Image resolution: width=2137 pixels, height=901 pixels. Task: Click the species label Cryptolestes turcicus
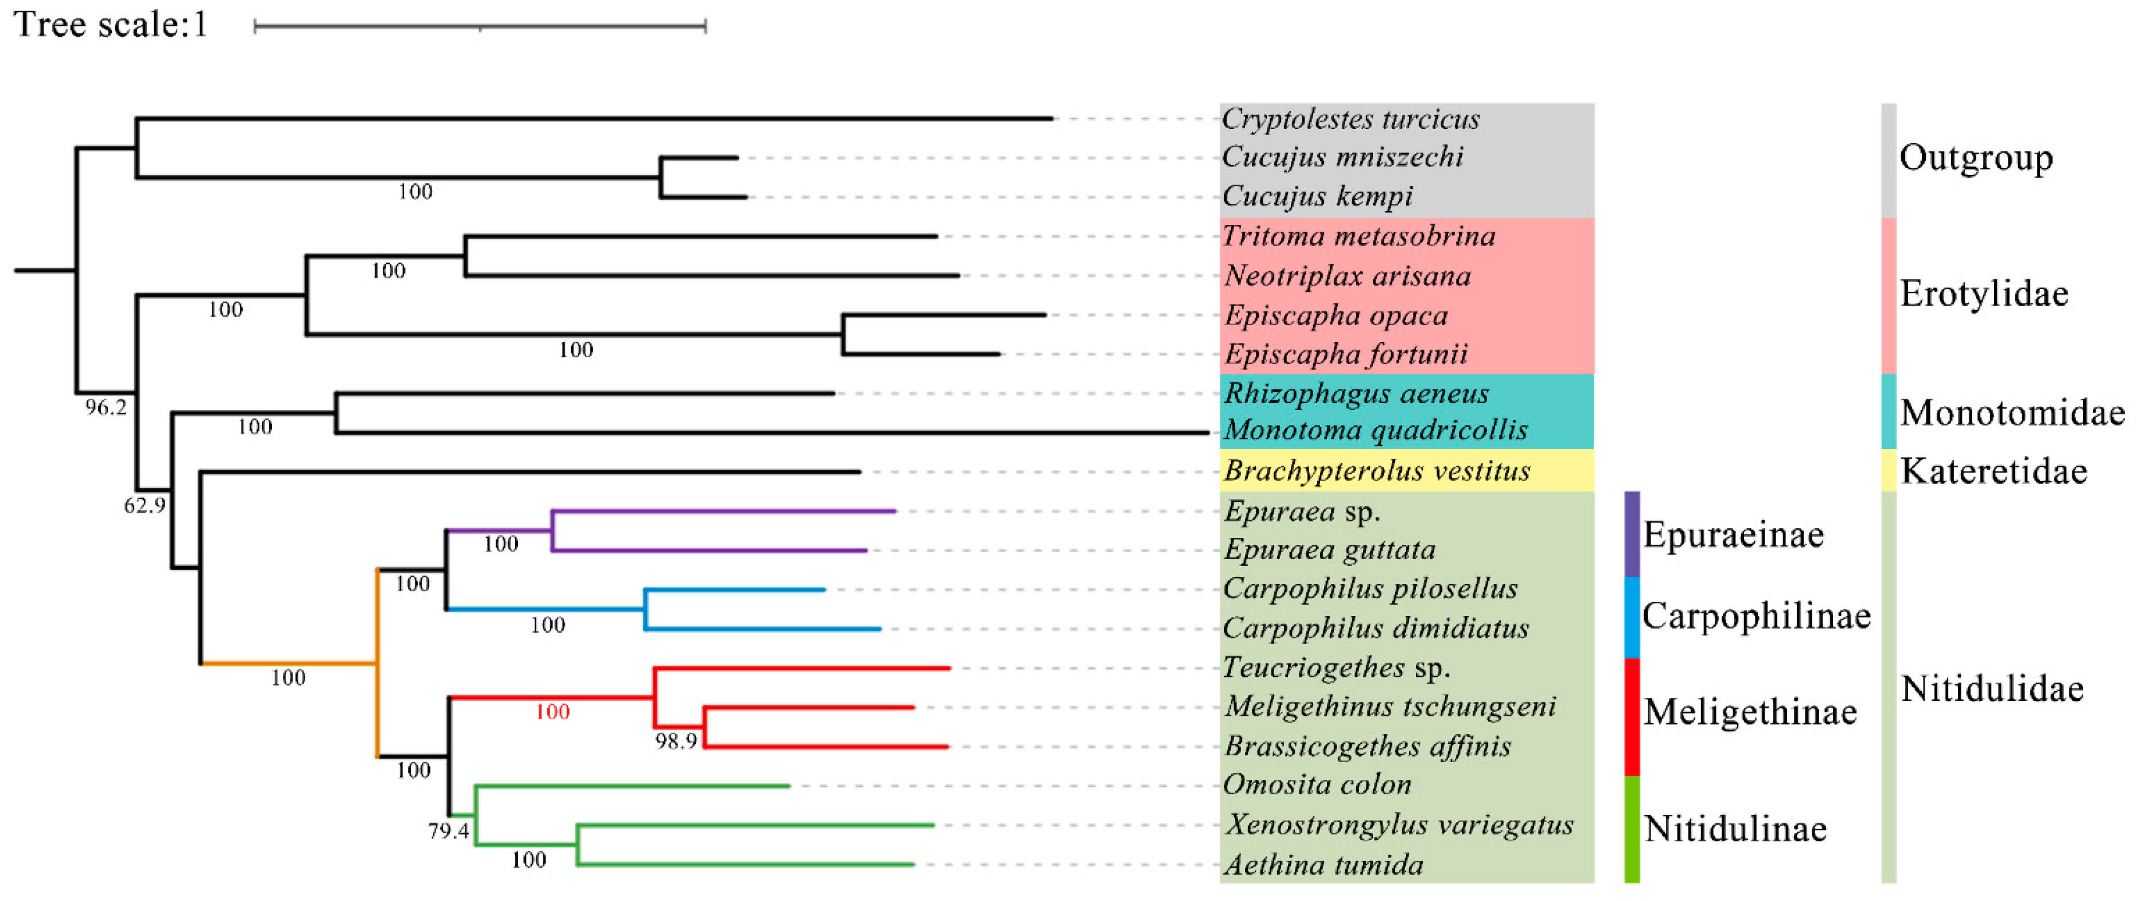[x=1350, y=119]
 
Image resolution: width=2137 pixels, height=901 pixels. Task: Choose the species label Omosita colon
[x=1317, y=784]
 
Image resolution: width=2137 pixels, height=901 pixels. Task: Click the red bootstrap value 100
[x=552, y=712]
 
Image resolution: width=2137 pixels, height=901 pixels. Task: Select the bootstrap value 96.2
[x=106, y=407]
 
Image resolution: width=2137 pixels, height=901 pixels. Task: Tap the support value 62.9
[x=145, y=505]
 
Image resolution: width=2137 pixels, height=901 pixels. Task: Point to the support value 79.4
[x=449, y=830]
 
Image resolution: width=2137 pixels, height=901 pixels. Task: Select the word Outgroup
[x=1976, y=158]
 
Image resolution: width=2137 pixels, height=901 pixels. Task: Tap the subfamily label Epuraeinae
[x=1734, y=535]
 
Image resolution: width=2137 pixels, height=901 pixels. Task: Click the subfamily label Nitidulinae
[x=1735, y=829]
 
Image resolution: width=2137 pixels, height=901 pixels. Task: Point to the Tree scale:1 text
[x=110, y=24]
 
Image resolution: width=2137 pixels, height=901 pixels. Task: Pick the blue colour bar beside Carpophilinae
[x=1631, y=617]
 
